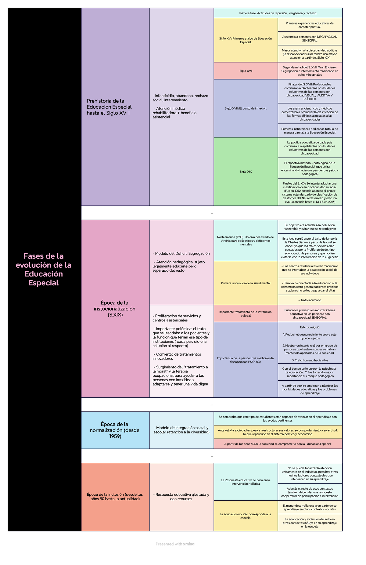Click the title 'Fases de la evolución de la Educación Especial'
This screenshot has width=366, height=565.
(x=44, y=269)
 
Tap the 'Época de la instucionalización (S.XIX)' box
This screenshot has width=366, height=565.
(x=115, y=309)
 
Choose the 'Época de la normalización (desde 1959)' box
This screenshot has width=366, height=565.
(x=115, y=430)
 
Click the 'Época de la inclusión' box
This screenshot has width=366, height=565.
(x=115, y=497)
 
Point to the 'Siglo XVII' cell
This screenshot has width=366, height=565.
(x=246, y=71)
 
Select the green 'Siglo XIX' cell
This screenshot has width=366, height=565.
(x=246, y=172)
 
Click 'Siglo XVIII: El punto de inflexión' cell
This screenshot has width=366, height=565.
(x=246, y=108)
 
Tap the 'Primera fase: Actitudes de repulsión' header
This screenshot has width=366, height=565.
(x=278, y=13)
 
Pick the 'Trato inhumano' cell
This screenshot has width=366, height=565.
(x=310, y=300)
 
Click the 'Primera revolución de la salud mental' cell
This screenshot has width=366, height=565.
(x=246, y=283)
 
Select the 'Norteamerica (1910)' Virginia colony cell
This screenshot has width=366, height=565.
(x=246, y=241)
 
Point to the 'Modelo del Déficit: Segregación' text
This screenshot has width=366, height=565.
(x=181, y=253)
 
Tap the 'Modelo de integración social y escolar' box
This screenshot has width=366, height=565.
(x=181, y=430)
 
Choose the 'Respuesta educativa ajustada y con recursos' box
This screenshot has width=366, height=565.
(x=181, y=497)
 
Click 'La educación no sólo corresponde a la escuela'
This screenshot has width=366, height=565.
(x=246, y=516)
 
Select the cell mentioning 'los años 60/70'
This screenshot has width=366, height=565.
(x=278, y=444)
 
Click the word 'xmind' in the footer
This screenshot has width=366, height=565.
(x=189, y=544)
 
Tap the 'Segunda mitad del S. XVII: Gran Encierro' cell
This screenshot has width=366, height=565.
(x=310, y=71)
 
